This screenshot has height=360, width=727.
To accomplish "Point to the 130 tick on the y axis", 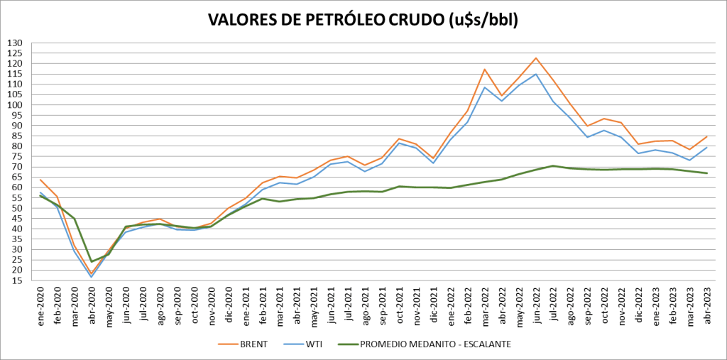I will (x=15, y=43).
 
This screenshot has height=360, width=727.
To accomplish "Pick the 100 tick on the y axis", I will (x=15, y=105).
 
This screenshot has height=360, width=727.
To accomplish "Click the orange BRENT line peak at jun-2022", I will (x=536, y=58).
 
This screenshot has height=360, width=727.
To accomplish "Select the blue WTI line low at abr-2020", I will (x=92, y=276).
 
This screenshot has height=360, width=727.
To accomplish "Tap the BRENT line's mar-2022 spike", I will (x=484, y=70).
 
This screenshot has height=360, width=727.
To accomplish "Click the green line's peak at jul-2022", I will (x=553, y=165).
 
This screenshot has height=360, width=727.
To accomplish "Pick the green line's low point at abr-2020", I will (x=92, y=261).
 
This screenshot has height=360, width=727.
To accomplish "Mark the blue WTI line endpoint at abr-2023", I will (x=706, y=147).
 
